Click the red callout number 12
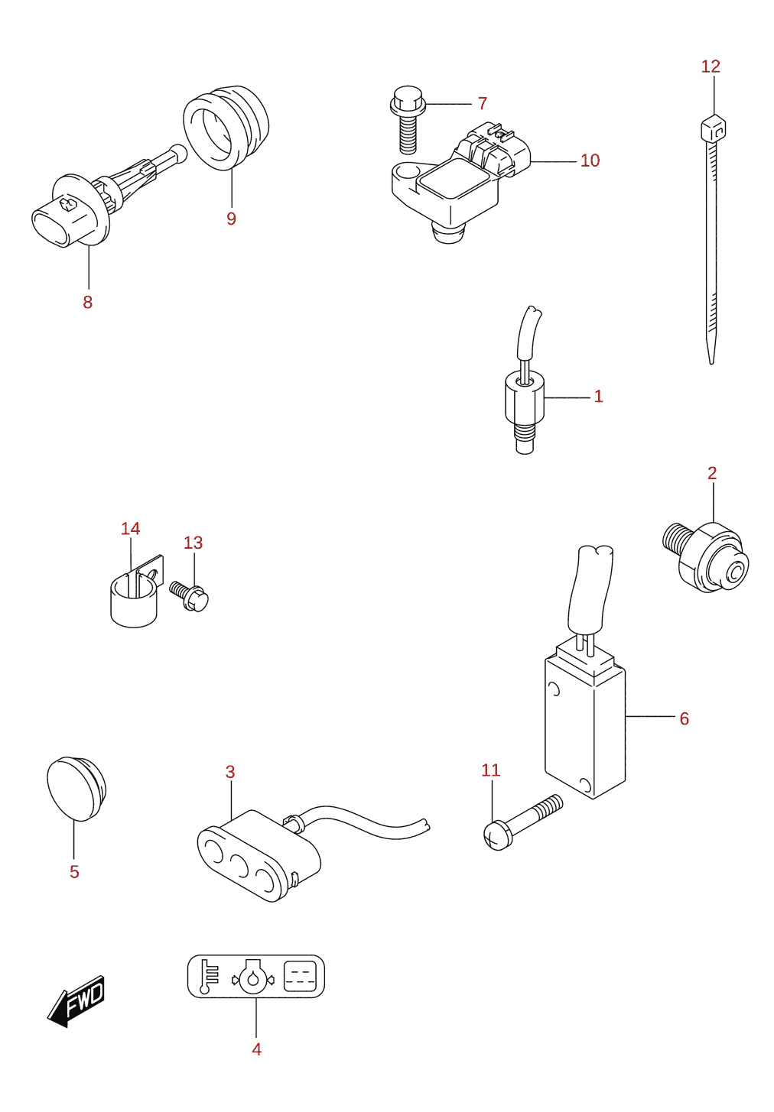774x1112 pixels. [711, 66]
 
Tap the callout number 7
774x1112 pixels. [482, 103]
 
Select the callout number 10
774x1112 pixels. [590, 160]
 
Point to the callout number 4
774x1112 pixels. [256, 1049]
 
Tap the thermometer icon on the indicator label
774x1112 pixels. [209, 977]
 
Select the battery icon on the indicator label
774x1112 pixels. [300, 976]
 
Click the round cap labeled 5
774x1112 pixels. [76, 789]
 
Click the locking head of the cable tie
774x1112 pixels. [713, 128]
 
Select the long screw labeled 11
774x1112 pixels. [522, 822]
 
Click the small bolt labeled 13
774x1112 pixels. [189, 595]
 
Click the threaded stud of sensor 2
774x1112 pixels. [676, 537]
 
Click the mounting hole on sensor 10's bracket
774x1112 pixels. [408, 173]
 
